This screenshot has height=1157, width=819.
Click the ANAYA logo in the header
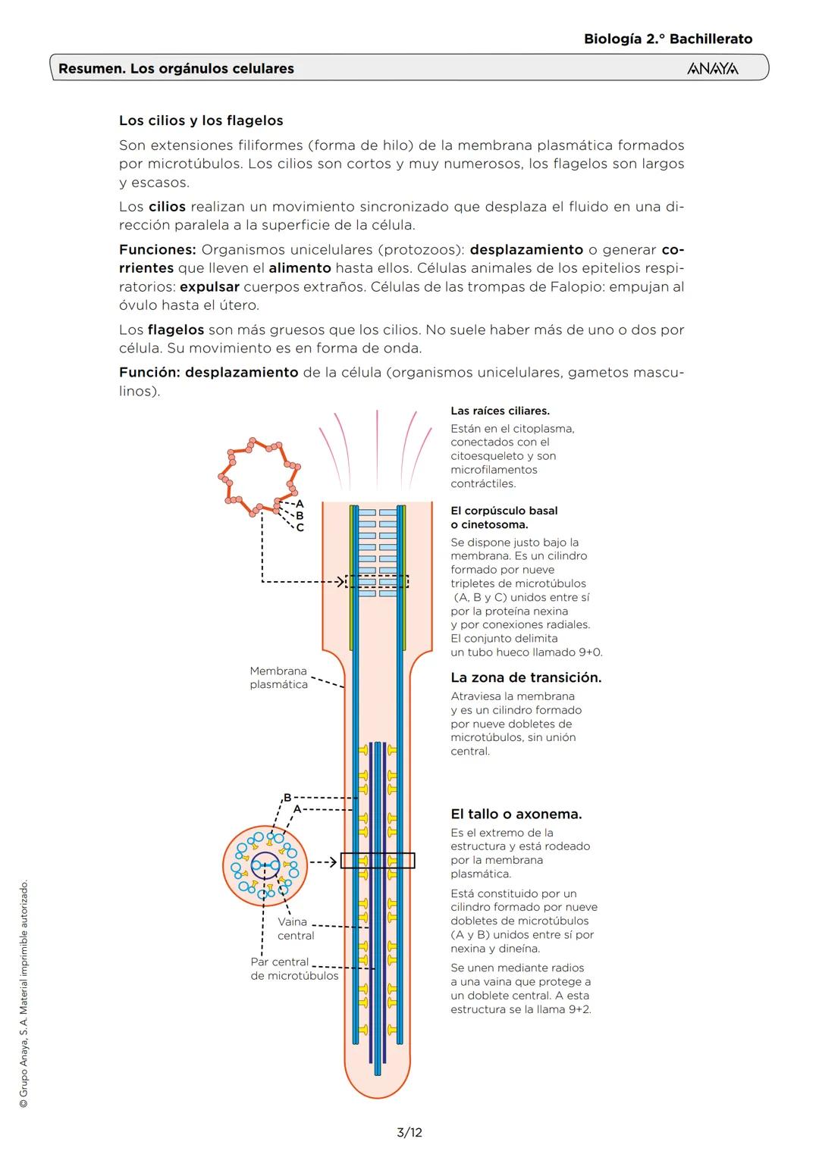(712, 69)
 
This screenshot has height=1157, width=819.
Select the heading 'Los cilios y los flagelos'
(201, 120)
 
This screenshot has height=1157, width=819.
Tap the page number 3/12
(409, 1133)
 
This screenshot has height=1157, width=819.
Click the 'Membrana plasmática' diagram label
(278, 677)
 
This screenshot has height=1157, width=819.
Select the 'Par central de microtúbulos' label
(293, 969)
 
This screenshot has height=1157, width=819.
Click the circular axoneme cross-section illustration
(265, 865)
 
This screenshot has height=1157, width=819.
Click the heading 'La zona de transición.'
(526, 677)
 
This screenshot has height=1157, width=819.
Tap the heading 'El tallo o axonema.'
(516, 814)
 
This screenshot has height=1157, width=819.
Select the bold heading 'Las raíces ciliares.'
(500, 411)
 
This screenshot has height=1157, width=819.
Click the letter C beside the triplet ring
(300, 528)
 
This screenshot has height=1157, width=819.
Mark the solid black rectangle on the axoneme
(378, 861)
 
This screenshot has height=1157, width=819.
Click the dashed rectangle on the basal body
(377, 581)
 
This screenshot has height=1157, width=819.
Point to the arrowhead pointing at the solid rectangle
(332, 861)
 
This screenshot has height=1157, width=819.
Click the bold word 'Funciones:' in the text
(157, 249)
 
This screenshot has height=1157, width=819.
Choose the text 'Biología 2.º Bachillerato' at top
(667, 39)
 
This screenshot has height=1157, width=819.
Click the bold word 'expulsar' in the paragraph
(209, 286)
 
